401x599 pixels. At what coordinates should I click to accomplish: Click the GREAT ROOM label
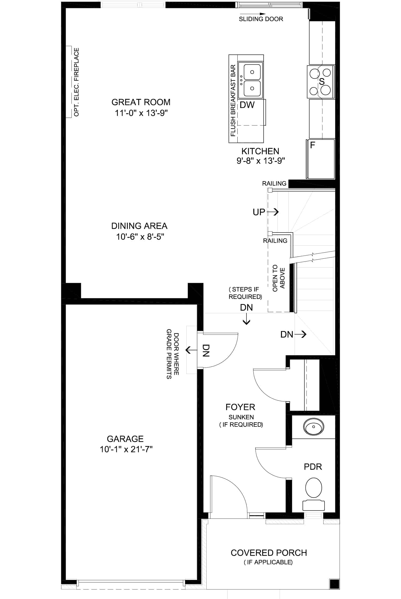[x=141, y=102]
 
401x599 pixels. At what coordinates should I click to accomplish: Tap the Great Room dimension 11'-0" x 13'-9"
[x=141, y=113]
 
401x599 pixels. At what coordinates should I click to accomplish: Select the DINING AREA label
[x=139, y=226]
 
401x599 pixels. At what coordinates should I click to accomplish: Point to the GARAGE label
[x=125, y=439]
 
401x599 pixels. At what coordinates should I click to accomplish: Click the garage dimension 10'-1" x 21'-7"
[x=126, y=449]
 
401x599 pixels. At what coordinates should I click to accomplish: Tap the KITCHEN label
[x=260, y=151]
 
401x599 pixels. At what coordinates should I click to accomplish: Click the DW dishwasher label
[x=247, y=105]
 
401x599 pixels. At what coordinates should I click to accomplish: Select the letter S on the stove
[x=322, y=82]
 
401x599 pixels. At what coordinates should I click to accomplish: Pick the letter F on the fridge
[x=313, y=145]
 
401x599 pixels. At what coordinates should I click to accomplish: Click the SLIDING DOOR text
[x=261, y=19]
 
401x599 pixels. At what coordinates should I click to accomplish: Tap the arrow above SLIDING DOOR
[x=253, y=14]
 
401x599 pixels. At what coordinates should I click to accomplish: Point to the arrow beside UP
[x=273, y=212]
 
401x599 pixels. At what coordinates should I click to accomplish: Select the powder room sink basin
[x=314, y=427]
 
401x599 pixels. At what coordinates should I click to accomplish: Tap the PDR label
[x=313, y=467]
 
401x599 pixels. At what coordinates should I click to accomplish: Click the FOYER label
[x=240, y=407]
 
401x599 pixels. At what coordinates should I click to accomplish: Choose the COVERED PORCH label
[x=269, y=553]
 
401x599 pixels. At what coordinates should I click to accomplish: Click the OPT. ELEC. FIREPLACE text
[x=76, y=82]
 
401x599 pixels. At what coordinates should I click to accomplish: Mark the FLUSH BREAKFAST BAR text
[x=233, y=101]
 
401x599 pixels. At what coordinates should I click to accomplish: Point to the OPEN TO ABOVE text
[x=279, y=278]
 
